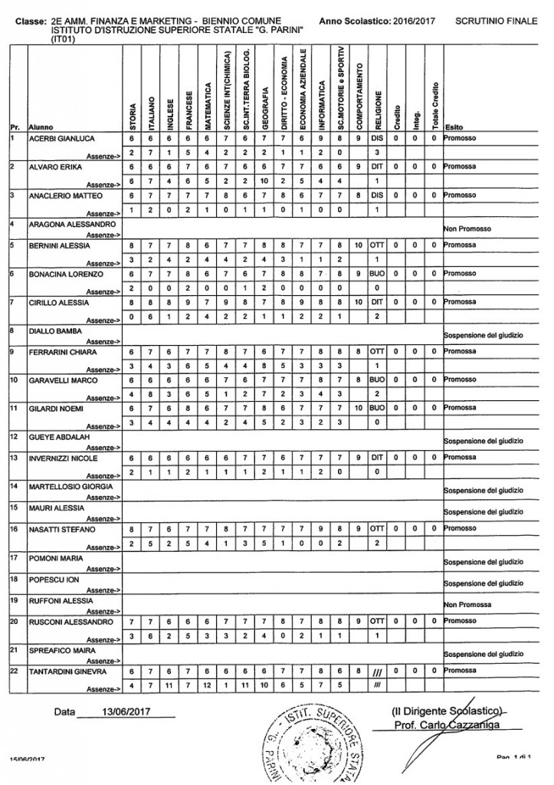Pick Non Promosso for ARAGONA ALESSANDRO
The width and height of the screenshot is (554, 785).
click(x=468, y=229)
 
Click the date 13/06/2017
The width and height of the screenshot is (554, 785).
click(x=126, y=711)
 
